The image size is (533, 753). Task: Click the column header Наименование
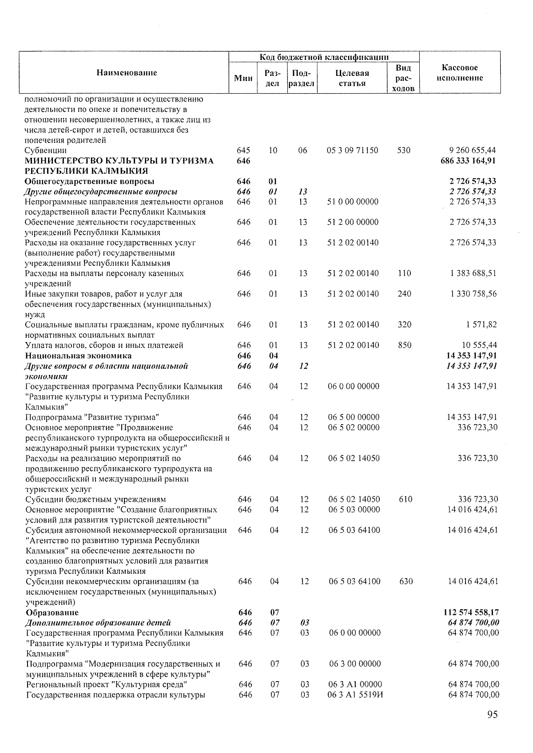pyautogui.click(x=127, y=73)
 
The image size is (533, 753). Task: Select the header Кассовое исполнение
pyautogui.click(x=460, y=73)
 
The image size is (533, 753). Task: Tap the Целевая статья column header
pyautogui.click(x=352, y=78)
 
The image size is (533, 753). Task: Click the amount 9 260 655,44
pyautogui.click(x=472, y=150)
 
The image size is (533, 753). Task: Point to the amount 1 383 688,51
pyautogui.click(x=473, y=273)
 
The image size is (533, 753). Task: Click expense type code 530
pyautogui.click(x=404, y=150)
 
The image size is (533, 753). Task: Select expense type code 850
pyautogui.click(x=405, y=345)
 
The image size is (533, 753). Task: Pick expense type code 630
pyautogui.click(x=406, y=581)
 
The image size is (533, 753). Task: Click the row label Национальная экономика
pyautogui.click(x=78, y=355)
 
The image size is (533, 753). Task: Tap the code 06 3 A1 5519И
pyautogui.click(x=356, y=694)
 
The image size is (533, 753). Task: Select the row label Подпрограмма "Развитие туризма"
pyautogui.click(x=92, y=417)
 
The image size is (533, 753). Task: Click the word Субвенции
pyautogui.click(x=46, y=150)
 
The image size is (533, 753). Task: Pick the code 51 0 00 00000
pyautogui.click(x=353, y=202)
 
